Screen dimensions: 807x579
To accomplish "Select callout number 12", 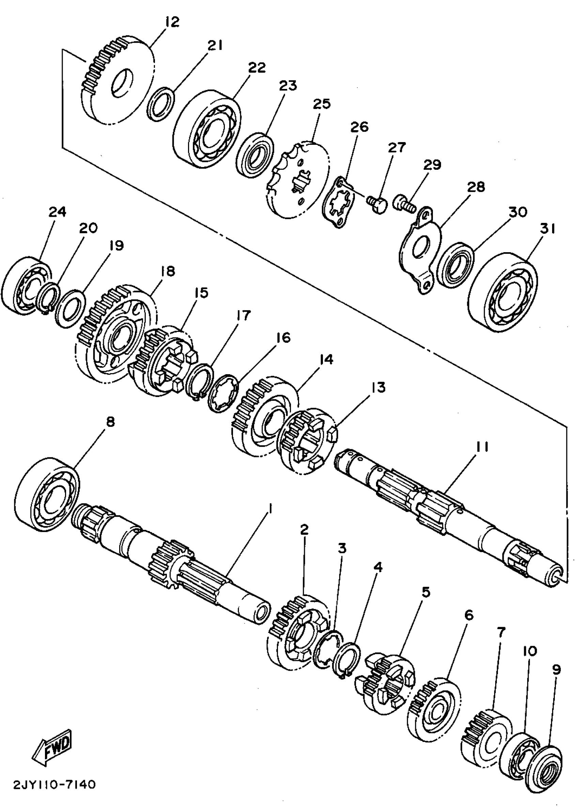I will [x=172, y=22].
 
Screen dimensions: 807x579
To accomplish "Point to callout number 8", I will [x=110, y=422].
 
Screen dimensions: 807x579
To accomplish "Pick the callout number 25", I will [x=322, y=104].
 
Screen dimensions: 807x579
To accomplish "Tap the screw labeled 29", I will [x=404, y=203].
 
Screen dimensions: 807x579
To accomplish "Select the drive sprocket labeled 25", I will [x=297, y=178].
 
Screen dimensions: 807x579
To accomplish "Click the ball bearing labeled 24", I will [x=26, y=285].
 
